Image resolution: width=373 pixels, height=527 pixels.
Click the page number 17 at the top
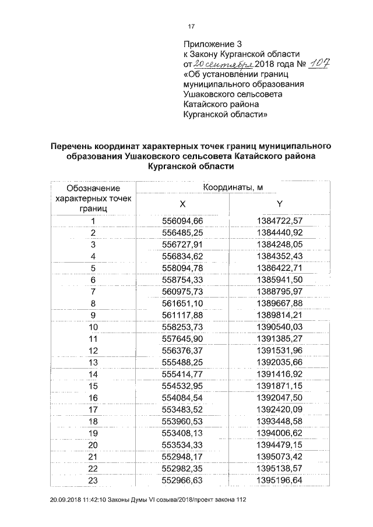(190, 26)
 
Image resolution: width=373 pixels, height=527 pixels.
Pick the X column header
(182, 204)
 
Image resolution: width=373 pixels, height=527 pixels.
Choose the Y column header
(280, 204)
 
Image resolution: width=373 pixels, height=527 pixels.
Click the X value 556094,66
(182, 221)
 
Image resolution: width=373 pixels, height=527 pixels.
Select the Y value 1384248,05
(280, 244)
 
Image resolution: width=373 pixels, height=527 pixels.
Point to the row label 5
(93, 268)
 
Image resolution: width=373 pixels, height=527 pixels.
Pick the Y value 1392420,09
(280, 409)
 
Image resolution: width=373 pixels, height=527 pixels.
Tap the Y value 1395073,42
(280, 457)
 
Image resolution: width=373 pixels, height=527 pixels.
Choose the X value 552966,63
(182, 480)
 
